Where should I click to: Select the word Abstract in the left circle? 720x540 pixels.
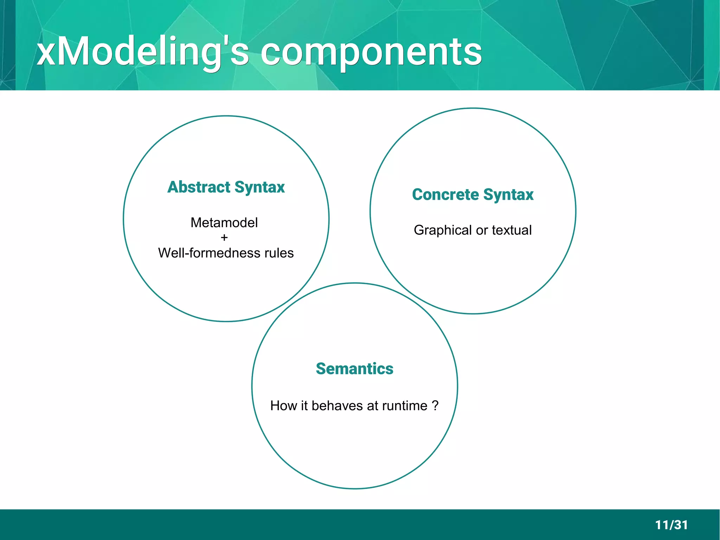tap(199, 187)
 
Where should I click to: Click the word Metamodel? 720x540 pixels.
tap(224, 223)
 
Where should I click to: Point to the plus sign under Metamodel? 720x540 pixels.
tap(224, 238)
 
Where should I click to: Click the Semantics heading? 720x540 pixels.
tap(354, 369)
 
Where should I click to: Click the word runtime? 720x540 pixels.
tap(405, 406)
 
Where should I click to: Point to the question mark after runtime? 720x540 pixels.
tap(436, 406)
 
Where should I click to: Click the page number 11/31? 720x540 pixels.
tap(671, 525)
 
